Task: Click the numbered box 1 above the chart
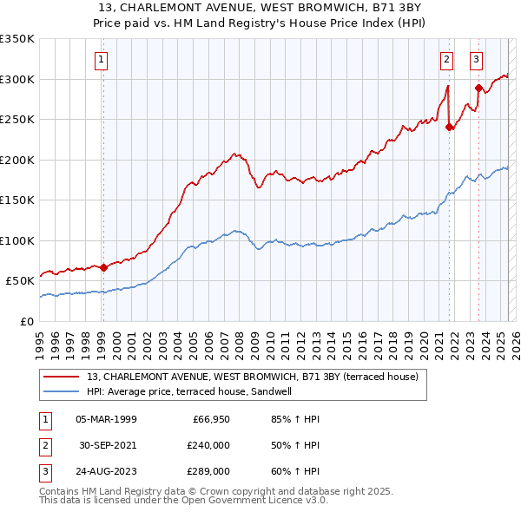pyautogui.click(x=102, y=60)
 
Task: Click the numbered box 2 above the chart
pyautogui.click(x=446, y=60)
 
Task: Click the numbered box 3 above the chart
pyautogui.click(x=477, y=60)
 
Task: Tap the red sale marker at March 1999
pyautogui.click(x=103, y=267)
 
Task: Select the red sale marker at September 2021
pyautogui.click(x=449, y=128)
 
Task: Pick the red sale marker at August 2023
pyautogui.click(x=478, y=88)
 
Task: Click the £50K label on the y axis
pyautogui.click(x=21, y=281)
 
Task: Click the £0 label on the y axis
pyautogui.click(x=28, y=321)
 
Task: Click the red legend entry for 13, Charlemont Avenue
pyautogui.click(x=253, y=377)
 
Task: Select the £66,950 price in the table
pyautogui.click(x=210, y=419)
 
